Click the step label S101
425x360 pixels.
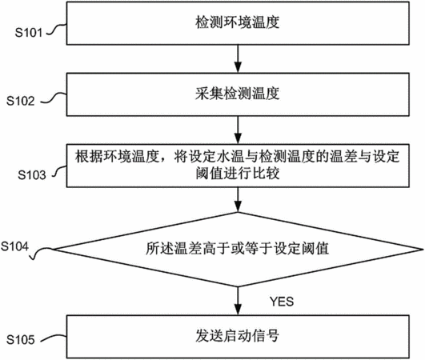[29, 33]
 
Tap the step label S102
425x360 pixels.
[21, 101]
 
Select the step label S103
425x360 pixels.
[32, 174]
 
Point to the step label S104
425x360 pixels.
[14, 246]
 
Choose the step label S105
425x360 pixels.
[21, 340]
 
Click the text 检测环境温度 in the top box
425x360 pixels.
[238, 22]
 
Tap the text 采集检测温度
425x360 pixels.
[238, 94]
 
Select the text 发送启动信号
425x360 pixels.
[238, 336]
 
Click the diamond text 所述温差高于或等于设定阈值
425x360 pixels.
[238, 248]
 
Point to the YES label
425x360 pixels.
[282, 302]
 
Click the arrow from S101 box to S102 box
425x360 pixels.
[238, 58]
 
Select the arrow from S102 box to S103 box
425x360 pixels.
[238, 130]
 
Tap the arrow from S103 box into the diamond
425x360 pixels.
[238, 200]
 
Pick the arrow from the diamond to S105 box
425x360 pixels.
[238, 301]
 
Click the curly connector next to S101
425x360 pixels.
[57, 30]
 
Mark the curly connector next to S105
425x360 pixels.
[54, 338]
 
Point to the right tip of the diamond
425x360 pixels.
[423, 248]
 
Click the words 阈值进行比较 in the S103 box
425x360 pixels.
[238, 173]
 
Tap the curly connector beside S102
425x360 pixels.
[54, 98]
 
